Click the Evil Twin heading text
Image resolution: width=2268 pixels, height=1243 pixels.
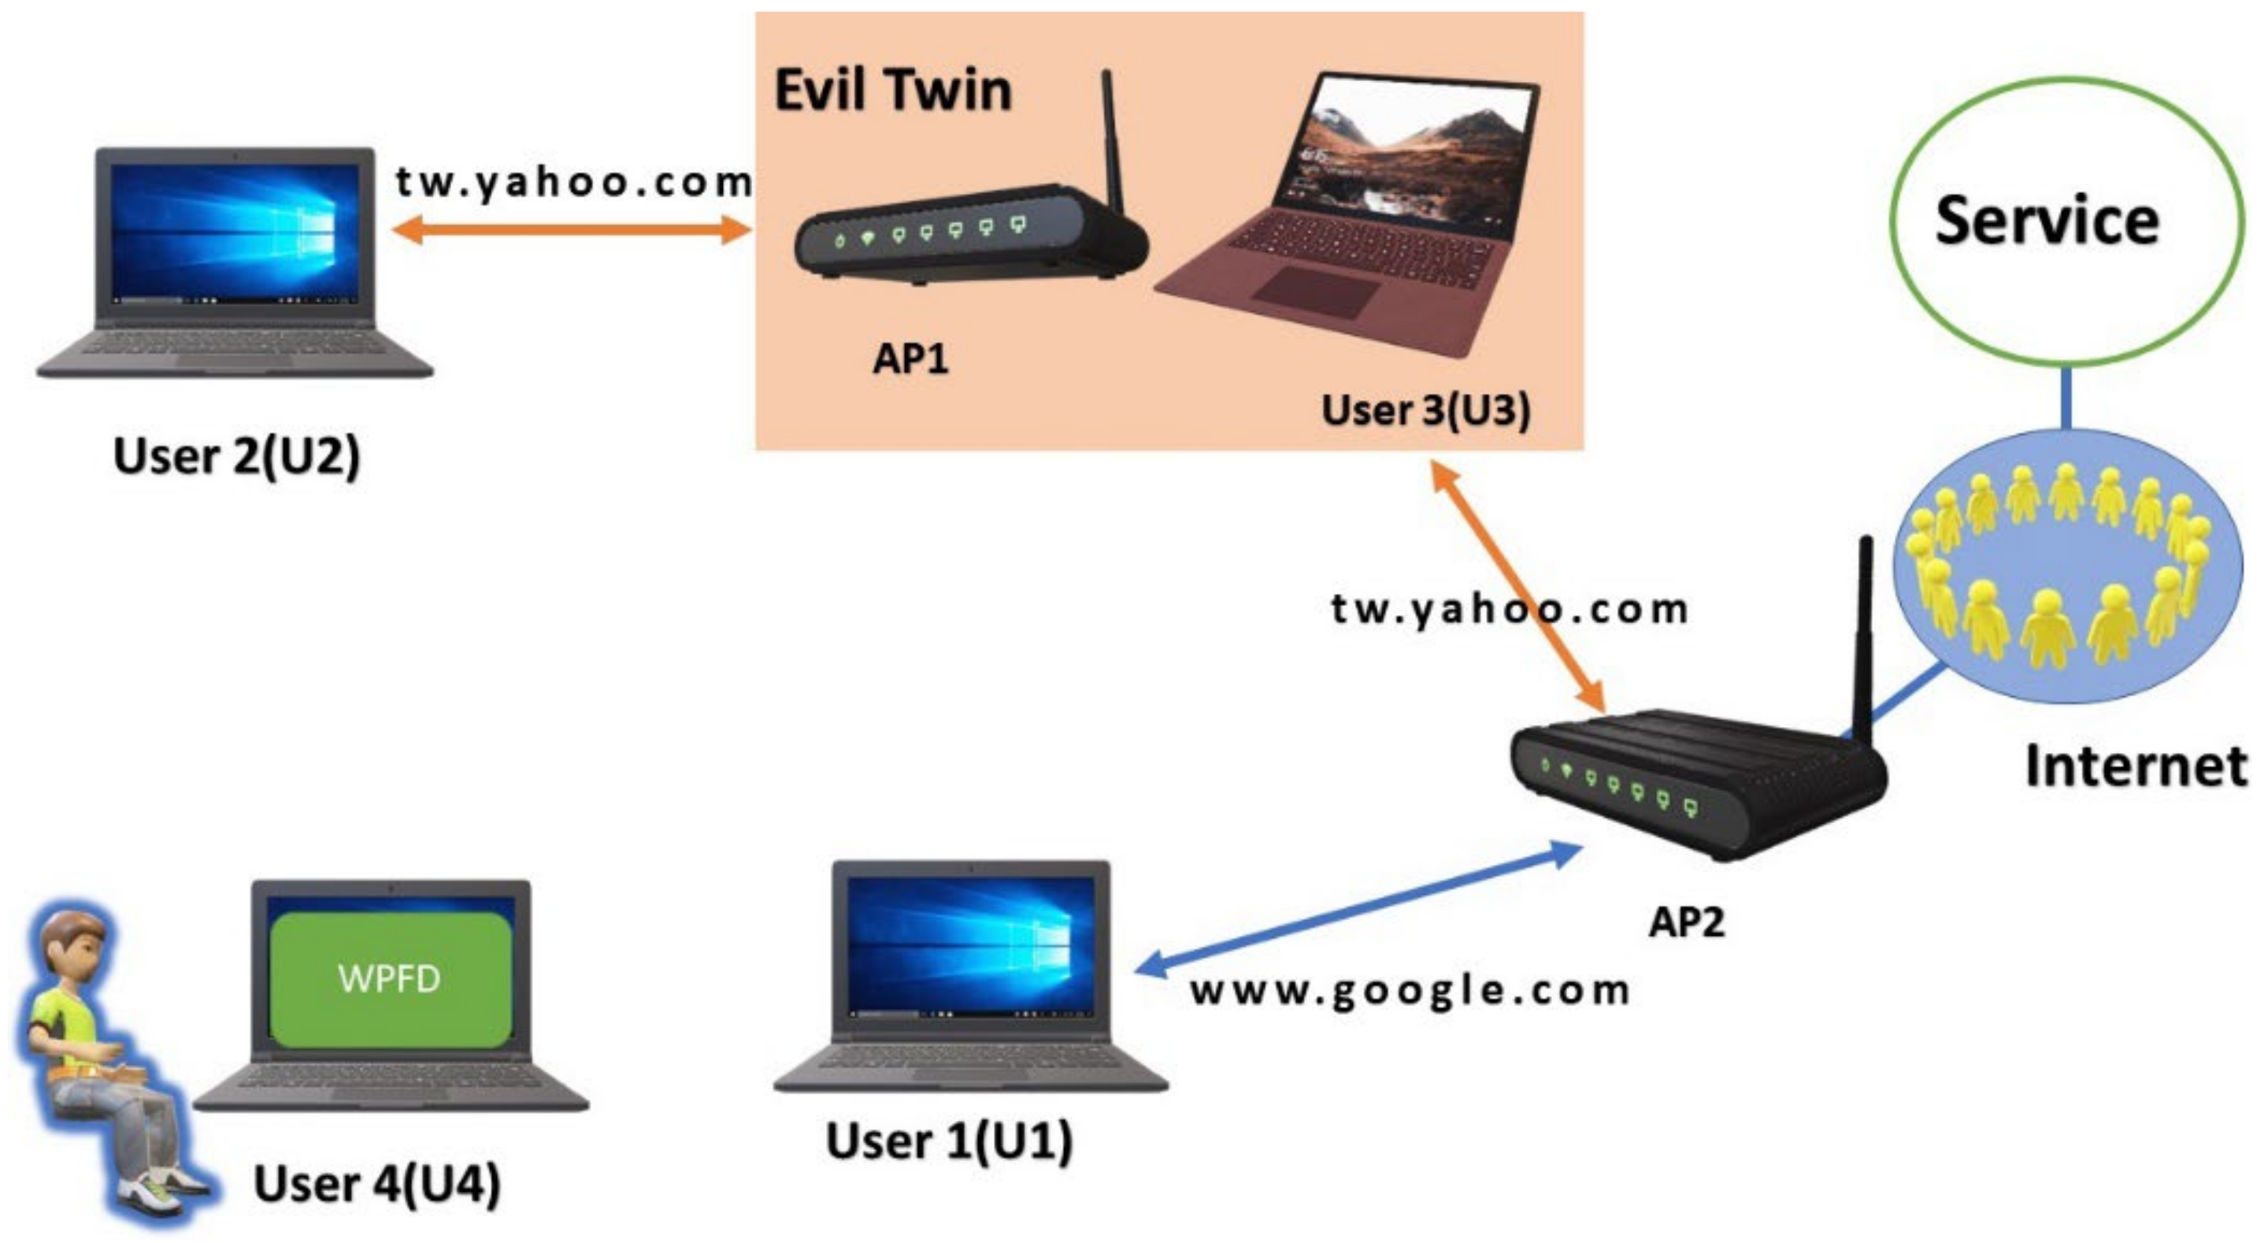click(893, 91)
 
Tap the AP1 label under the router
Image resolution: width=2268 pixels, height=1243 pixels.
click(910, 358)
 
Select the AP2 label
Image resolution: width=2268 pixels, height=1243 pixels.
click(1686, 922)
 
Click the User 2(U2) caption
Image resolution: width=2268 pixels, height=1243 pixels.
click(237, 456)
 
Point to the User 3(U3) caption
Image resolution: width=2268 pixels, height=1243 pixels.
click(1425, 410)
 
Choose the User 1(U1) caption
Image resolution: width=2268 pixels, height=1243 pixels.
click(949, 1141)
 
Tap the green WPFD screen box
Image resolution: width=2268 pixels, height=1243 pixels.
click(390, 978)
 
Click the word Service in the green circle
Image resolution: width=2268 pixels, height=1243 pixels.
click(2046, 221)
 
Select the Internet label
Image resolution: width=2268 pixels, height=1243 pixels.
click(2135, 766)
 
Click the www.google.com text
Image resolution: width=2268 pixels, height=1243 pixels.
click(1409, 991)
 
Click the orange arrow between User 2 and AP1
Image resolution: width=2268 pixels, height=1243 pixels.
click(572, 230)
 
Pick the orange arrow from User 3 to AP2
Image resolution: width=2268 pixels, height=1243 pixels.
click(1516, 588)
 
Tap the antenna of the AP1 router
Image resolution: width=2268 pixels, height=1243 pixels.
click(1112, 141)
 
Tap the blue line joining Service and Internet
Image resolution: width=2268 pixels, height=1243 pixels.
click(2066, 398)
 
